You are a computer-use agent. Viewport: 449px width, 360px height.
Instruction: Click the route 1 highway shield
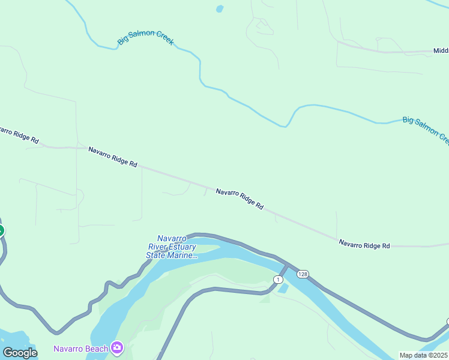(277, 280)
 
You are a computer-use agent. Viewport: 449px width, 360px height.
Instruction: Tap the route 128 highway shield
(303, 274)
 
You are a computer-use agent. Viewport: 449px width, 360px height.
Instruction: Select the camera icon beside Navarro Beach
(117, 347)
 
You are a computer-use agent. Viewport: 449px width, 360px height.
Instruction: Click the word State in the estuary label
(156, 255)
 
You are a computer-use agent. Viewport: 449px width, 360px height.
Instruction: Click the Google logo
(19, 353)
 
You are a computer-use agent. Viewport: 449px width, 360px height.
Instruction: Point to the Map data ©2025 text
(423, 355)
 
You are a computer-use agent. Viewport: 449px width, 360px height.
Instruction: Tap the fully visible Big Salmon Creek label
(146, 38)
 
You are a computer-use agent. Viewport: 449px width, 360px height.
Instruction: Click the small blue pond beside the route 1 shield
(283, 289)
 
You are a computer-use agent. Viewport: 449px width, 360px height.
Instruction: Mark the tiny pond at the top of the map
(220, 9)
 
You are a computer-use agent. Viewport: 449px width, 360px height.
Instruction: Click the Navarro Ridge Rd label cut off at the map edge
(18, 135)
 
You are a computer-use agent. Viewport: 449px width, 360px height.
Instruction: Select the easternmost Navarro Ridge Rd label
(364, 245)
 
